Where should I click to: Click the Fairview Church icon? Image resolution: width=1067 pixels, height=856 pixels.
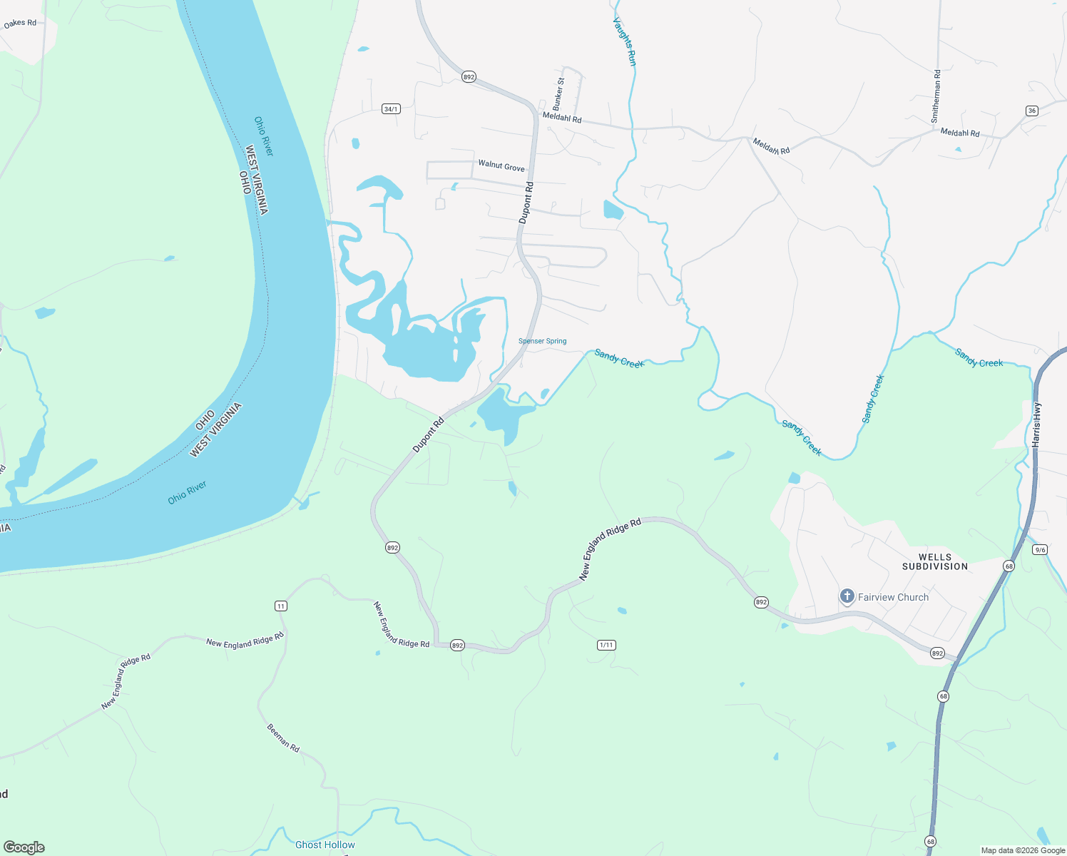click(847, 596)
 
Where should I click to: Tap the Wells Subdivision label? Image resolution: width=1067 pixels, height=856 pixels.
click(934, 561)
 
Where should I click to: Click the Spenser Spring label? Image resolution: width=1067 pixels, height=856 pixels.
click(542, 341)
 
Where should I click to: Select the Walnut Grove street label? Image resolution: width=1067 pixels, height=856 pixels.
click(501, 165)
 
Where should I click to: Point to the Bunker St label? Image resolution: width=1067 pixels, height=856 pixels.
click(559, 92)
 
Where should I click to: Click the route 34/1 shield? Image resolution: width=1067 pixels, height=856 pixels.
click(391, 109)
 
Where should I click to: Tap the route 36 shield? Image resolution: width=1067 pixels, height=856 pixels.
click(1031, 111)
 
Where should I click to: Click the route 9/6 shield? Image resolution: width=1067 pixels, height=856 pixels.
click(1040, 549)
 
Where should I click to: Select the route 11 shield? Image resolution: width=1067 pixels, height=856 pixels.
click(281, 606)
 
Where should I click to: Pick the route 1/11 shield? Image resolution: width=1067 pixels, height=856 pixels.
click(606, 645)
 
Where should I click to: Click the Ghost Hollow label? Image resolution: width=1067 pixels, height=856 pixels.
click(325, 845)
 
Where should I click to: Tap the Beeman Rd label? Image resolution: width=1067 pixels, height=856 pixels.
click(283, 738)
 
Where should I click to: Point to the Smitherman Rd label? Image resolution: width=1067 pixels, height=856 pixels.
click(936, 96)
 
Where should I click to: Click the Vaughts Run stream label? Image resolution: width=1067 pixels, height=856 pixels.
click(624, 41)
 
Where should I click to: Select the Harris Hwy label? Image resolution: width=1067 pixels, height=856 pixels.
click(1036, 425)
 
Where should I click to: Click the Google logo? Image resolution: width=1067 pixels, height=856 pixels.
click(24, 847)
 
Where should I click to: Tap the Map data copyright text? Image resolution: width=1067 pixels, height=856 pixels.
click(1023, 850)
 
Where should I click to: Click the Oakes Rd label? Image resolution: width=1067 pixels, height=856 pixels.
click(20, 24)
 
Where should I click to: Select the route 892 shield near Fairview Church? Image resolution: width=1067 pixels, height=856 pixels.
click(761, 603)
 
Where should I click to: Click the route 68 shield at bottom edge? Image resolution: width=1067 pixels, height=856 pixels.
click(930, 842)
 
